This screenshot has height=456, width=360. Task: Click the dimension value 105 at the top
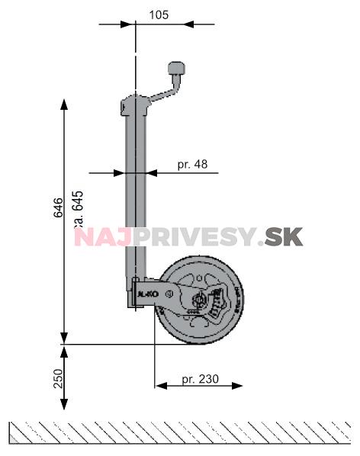159,14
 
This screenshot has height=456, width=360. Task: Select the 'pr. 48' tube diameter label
191,164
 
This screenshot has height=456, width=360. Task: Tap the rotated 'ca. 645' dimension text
77,211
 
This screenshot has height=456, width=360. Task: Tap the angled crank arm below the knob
162,94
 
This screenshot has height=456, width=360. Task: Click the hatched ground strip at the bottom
180,432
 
